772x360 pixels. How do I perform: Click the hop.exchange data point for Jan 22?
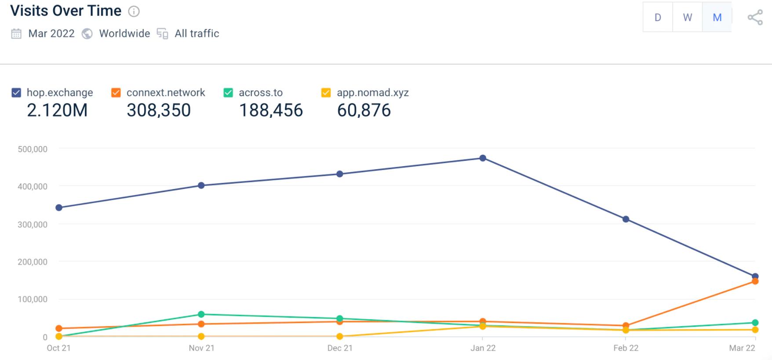coord(483,158)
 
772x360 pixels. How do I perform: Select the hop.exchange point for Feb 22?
coord(626,219)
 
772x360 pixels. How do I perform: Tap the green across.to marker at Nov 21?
coord(201,314)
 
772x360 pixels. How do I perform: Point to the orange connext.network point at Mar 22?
coord(755,281)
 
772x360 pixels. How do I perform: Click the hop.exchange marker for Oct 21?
coord(59,207)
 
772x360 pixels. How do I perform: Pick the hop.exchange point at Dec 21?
coord(340,174)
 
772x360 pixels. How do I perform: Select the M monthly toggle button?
coord(717,17)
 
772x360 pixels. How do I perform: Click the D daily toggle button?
coord(658,17)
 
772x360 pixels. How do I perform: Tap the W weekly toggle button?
coord(687,17)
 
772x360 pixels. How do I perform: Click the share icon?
coord(755,18)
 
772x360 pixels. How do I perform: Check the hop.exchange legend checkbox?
coord(16,93)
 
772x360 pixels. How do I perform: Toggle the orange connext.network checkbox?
coord(116,93)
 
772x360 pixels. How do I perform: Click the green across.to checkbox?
coord(228,93)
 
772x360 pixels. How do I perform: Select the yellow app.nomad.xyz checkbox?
coord(326,93)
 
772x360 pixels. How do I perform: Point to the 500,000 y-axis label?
coord(33,149)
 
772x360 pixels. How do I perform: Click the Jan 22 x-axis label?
coord(483,348)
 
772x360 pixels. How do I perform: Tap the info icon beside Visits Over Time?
coord(134,11)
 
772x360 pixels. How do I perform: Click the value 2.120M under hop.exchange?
coord(57,110)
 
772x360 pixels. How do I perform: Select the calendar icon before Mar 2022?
coord(16,34)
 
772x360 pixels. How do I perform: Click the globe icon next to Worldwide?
coord(87,34)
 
